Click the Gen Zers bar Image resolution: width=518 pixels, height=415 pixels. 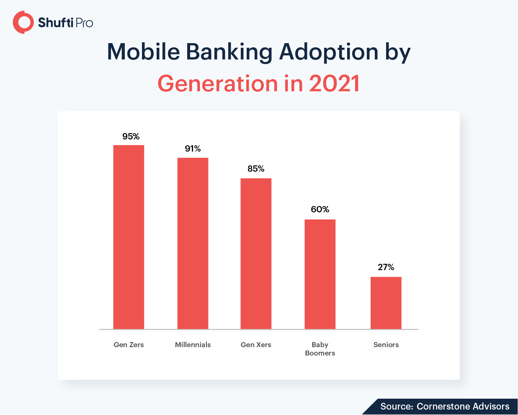pos(129,237)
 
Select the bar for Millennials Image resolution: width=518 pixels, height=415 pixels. pos(193,243)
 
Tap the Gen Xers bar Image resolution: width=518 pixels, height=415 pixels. pos(256,253)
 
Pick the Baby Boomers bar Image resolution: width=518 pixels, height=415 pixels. pos(320,274)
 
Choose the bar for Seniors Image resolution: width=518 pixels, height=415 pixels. pos(386,303)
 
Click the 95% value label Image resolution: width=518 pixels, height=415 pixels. pos(131,137)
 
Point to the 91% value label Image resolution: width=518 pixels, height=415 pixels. pos(193,149)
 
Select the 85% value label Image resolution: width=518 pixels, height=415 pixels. pos(256,169)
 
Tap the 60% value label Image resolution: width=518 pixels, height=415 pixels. pos(320,209)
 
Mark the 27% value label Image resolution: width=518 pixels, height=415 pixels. pos(386,267)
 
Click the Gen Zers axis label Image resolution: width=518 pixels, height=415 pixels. pos(129,345)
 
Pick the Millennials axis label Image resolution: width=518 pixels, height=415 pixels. pos(193,345)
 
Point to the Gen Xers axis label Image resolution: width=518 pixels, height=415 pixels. pos(256,345)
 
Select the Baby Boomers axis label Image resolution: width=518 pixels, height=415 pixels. pos(320,349)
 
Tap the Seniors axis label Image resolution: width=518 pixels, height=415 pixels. pos(386,345)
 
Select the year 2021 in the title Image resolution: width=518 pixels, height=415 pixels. pos(334,83)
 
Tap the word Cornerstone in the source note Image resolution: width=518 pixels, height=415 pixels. pos(441,406)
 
